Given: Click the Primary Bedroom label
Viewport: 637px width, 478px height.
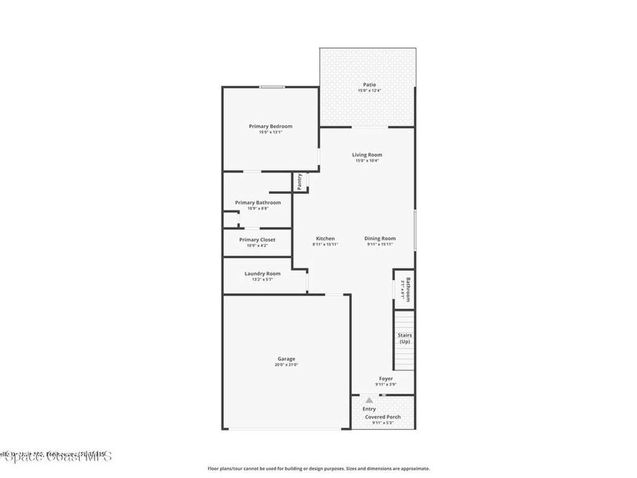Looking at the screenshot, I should [x=270, y=126].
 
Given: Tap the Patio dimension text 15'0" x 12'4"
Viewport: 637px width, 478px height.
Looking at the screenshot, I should [x=369, y=91].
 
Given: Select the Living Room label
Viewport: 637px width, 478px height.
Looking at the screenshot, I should [x=367, y=155].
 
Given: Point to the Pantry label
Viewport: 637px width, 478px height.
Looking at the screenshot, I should [x=300, y=181].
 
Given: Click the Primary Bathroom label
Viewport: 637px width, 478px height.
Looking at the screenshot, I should [x=258, y=202].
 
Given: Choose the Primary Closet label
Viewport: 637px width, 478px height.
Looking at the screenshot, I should [x=257, y=240].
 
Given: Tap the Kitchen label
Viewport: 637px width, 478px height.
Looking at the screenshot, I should [x=325, y=238].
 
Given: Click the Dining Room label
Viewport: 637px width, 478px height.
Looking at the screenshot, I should [x=379, y=238].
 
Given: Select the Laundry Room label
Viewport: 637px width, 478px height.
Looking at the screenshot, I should [x=262, y=274].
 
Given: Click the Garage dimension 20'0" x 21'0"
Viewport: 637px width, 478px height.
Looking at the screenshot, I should [x=286, y=365].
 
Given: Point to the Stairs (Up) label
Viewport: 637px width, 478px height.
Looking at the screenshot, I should [x=404, y=339].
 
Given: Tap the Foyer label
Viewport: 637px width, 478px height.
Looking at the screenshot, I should [x=386, y=378].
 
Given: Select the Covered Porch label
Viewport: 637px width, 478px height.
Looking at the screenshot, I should [x=383, y=417].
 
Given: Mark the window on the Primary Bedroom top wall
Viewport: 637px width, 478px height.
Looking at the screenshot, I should [x=272, y=87].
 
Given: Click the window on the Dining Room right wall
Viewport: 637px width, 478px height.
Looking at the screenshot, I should [x=414, y=230].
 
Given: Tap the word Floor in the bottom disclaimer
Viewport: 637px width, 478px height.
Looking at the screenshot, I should [x=213, y=469].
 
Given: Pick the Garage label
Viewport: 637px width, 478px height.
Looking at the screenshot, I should [x=286, y=358].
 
